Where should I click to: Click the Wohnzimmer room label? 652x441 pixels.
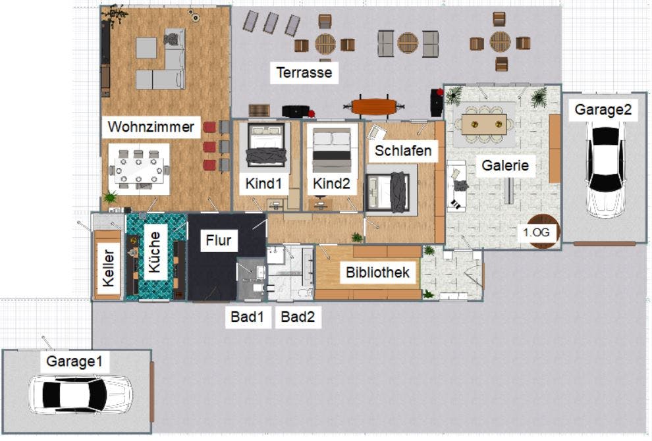(151, 127)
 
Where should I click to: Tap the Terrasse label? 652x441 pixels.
(304, 73)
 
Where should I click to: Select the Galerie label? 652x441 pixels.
(504, 165)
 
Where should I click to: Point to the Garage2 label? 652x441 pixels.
(603, 110)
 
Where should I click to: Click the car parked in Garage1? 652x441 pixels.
(80, 395)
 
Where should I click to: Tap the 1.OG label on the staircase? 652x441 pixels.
(536, 232)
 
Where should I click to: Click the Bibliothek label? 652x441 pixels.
(377, 272)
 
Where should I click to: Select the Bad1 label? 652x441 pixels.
(247, 317)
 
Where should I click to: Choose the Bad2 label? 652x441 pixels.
(298, 317)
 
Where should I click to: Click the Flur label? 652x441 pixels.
(218, 240)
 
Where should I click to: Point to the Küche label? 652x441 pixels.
(154, 252)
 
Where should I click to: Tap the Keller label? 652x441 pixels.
(108, 268)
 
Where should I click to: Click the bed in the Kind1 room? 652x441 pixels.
(266, 145)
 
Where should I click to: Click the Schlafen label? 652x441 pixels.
(402, 151)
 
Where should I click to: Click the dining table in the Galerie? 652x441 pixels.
(484, 124)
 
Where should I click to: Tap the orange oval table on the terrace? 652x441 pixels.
(374, 107)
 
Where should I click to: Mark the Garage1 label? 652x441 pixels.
(74, 361)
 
